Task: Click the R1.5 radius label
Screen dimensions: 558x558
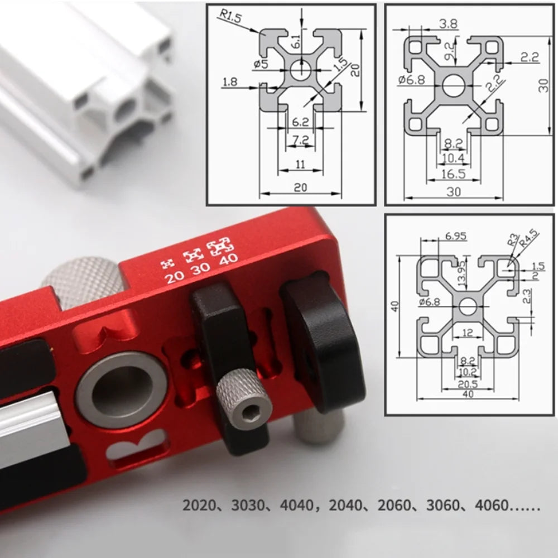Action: coord(230,16)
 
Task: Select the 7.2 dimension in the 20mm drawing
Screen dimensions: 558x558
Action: coord(301,140)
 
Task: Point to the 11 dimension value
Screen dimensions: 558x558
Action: coord(301,165)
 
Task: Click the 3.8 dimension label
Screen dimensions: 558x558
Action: coord(448,24)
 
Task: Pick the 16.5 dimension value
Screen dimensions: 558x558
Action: coord(453,174)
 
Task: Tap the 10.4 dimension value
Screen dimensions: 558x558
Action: coord(453,158)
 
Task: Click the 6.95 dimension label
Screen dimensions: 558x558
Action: coord(455,236)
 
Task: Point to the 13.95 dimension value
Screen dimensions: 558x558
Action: coord(461,275)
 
